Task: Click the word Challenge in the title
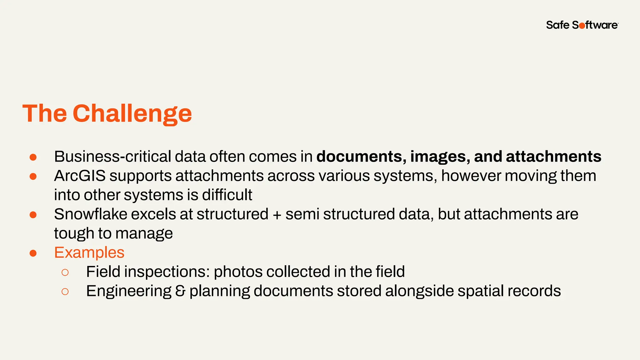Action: pos(132,113)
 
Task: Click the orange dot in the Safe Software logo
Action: pos(582,26)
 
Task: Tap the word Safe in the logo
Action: pos(558,25)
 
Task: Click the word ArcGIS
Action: pos(80,176)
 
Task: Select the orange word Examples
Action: pos(89,252)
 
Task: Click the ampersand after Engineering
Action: pos(180,291)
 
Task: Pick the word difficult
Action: pos(227,195)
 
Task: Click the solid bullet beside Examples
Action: pos(33,253)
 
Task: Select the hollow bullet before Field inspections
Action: pos(65,272)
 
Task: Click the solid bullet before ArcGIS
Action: pos(33,177)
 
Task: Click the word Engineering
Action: pos(129,291)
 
